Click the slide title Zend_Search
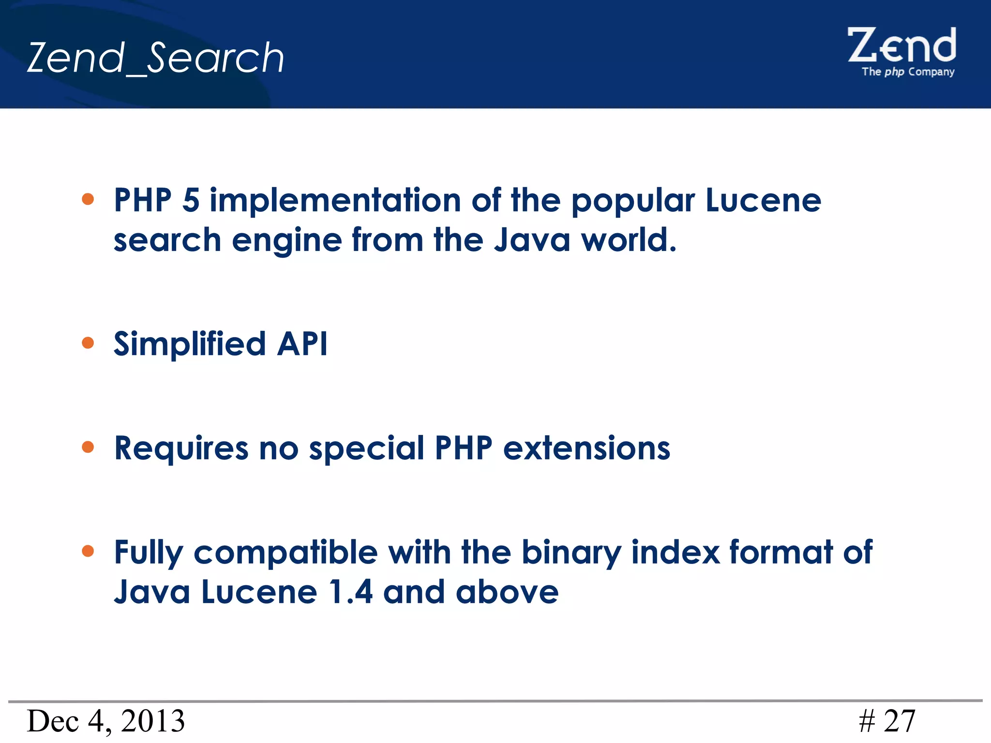tap(155, 58)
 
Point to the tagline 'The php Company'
tap(908, 72)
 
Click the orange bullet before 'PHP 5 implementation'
tap(88, 199)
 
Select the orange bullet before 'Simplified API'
tap(88, 343)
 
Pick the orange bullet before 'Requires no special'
tap(88, 447)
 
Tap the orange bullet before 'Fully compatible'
tap(88, 551)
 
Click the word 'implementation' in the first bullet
tap(335, 200)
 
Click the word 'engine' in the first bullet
tap(286, 241)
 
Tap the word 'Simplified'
tap(190, 344)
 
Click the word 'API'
tap(302, 344)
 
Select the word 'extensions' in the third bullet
tap(586, 448)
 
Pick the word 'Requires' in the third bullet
tap(181, 449)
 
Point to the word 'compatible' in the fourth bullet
tap(285, 553)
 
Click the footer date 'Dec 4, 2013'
tap(105, 721)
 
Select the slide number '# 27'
tap(887, 721)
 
